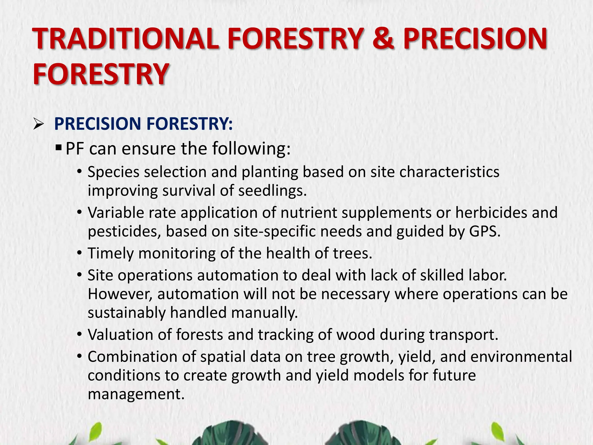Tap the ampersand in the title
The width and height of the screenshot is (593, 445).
tap(383, 39)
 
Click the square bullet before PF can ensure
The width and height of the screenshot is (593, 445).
tap(58, 148)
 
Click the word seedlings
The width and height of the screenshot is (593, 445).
tap(272, 191)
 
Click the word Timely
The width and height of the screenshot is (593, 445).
tap(111, 253)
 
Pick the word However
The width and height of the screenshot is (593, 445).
tap(120, 294)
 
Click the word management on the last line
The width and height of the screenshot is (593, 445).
tap(136, 394)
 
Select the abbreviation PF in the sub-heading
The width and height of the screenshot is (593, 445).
tap(75, 149)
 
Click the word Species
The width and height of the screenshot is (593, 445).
tap(114, 172)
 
